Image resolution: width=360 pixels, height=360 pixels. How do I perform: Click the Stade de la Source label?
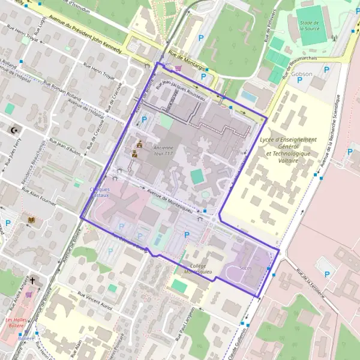pos(312,25)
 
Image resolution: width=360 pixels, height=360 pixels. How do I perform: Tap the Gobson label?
pos(302,73)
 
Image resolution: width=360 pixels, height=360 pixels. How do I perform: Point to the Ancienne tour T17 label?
pos(163,150)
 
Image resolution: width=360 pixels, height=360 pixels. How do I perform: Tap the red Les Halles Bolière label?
pos(19,323)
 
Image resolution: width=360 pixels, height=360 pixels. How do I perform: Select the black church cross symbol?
pos(34,280)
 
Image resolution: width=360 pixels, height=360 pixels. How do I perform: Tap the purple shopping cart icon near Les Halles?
pos(29,295)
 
